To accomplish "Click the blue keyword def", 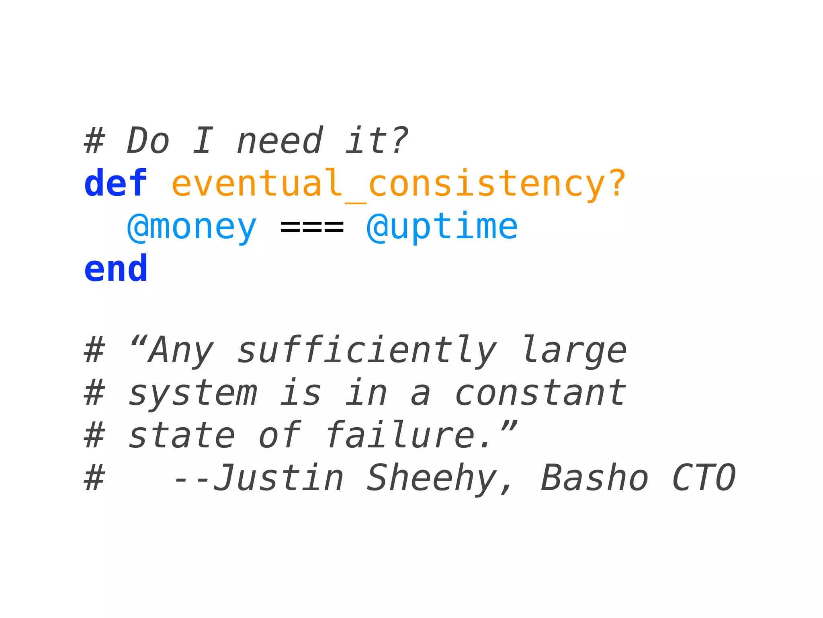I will click(116, 183).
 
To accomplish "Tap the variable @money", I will click(192, 227).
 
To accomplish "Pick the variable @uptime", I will click(442, 227).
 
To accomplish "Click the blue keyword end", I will click(116, 269).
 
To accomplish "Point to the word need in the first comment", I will click(279, 140).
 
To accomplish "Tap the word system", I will click(192, 393).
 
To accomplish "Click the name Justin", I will click(278, 478).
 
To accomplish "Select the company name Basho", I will click(594, 478).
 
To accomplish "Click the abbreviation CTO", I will click(703, 478).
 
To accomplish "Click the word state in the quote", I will click(182, 435).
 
